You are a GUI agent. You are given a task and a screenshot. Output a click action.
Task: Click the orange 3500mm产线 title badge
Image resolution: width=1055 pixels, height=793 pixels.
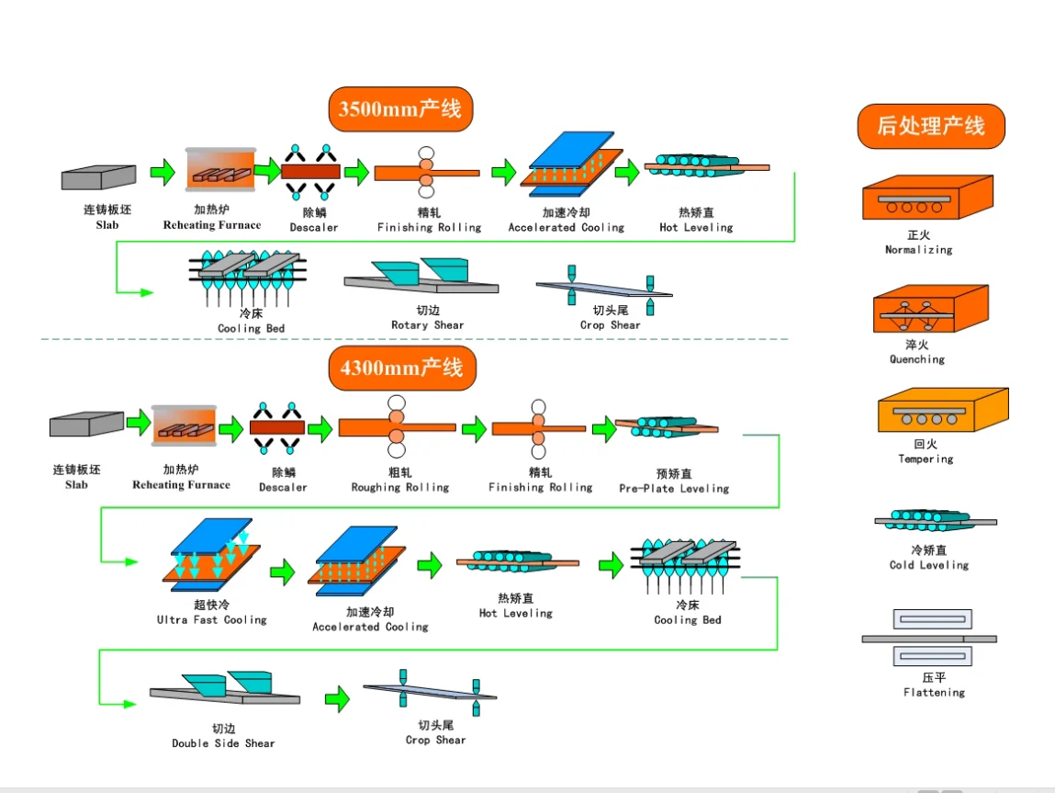pyautogui.click(x=400, y=108)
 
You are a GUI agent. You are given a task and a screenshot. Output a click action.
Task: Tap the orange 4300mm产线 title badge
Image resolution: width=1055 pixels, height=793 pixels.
pyautogui.click(x=401, y=368)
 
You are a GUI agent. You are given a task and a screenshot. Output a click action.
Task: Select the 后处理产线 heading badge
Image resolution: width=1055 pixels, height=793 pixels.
pyautogui.click(x=930, y=126)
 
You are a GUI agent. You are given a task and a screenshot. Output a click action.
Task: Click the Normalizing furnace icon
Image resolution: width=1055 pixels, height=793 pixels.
pyautogui.click(x=926, y=198)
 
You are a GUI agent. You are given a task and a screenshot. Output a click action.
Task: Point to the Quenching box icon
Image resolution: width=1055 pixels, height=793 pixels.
pyautogui.click(x=929, y=309)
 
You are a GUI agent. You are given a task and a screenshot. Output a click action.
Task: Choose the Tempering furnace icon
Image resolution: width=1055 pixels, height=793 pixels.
pyautogui.click(x=941, y=410)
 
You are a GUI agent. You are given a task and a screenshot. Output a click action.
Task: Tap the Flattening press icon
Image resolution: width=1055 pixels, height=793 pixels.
pyautogui.click(x=929, y=638)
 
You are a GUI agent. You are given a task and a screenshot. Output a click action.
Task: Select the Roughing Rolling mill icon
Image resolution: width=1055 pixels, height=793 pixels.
pyautogui.click(x=397, y=427)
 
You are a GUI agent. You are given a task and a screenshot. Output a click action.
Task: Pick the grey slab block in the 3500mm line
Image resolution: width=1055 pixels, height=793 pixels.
pyautogui.click(x=99, y=176)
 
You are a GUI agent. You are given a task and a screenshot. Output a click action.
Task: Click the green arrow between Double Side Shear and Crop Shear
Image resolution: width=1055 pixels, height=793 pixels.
pyautogui.click(x=337, y=698)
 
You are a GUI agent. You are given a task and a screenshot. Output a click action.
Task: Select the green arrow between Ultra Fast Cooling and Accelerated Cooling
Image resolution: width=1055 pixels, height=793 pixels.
pyautogui.click(x=282, y=572)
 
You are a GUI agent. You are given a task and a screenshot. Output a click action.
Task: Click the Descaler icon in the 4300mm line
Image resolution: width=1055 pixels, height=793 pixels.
pyautogui.click(x=278, y=428)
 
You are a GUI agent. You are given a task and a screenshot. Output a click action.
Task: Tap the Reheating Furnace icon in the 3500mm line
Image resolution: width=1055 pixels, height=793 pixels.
pyautogui.click(x=220, y=171)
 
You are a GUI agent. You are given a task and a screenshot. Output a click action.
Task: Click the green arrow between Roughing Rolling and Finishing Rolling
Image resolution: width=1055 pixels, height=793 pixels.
pyautogui.click(x=474, y=428)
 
